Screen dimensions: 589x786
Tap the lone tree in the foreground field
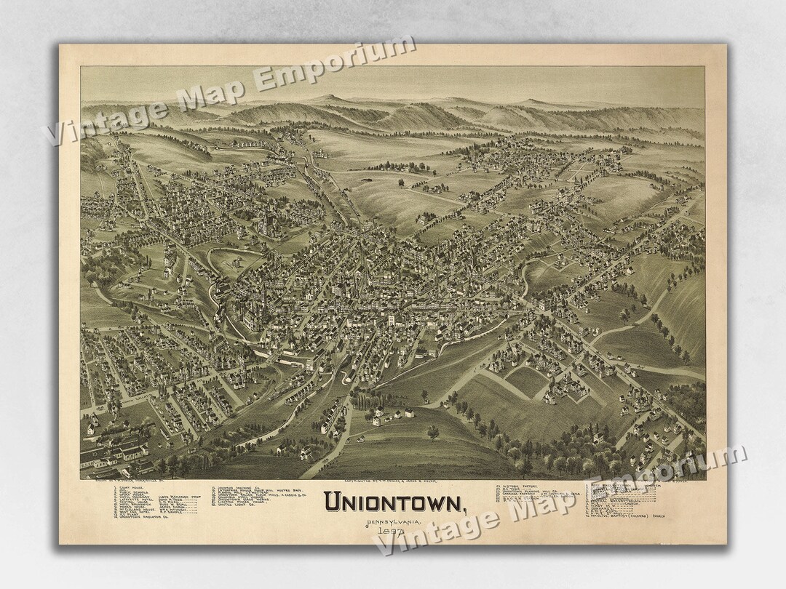point(434,433)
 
